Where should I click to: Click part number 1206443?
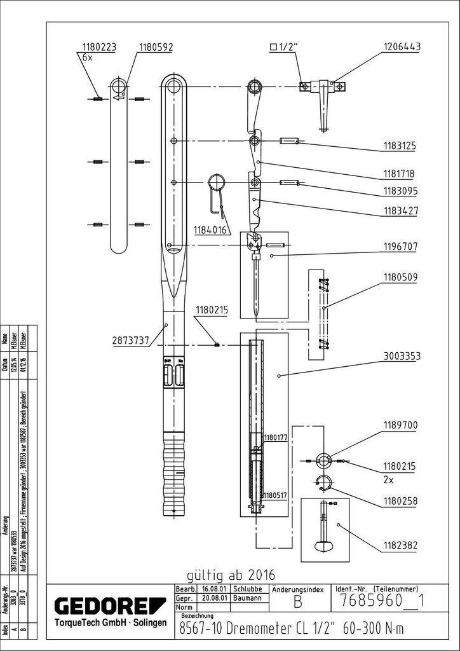402,47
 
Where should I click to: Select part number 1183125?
399,146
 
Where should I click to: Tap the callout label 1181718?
399,173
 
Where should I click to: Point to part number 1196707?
399,245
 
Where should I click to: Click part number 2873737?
127,341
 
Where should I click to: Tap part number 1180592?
156,47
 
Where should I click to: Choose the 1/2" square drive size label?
283,46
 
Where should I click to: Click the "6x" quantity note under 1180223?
88,57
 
